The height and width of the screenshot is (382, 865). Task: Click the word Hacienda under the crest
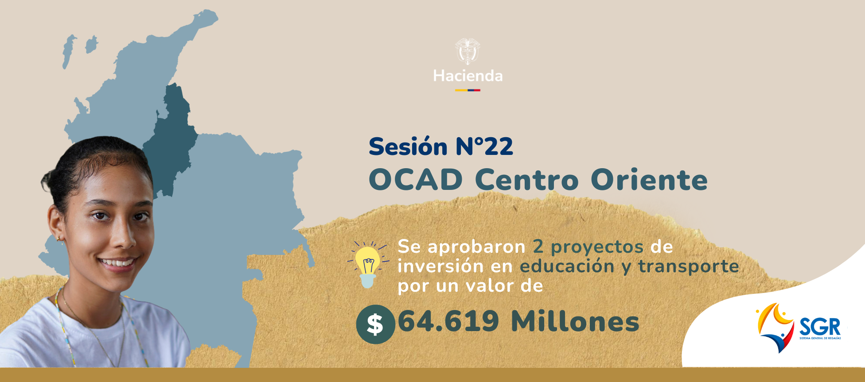point(468,76)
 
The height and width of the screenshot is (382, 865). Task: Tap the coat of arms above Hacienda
point(468,51)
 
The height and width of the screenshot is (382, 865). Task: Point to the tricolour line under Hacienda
point(468,90)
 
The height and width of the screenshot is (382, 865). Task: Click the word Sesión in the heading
point(408,147)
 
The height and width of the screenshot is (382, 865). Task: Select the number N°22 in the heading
point(484,147)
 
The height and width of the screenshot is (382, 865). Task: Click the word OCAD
point(416,180)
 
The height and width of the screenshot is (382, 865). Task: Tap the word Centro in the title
point(527,180)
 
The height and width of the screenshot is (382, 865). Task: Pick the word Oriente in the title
point(649,180)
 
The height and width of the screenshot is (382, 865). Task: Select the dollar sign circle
point(375,324)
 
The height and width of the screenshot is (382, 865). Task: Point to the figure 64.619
point(448,321)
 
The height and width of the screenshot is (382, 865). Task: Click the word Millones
point(575,321)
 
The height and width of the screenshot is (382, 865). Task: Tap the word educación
point(567,266)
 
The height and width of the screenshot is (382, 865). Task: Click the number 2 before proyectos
point(538,247)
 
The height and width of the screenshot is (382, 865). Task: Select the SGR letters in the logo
point(820,327)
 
